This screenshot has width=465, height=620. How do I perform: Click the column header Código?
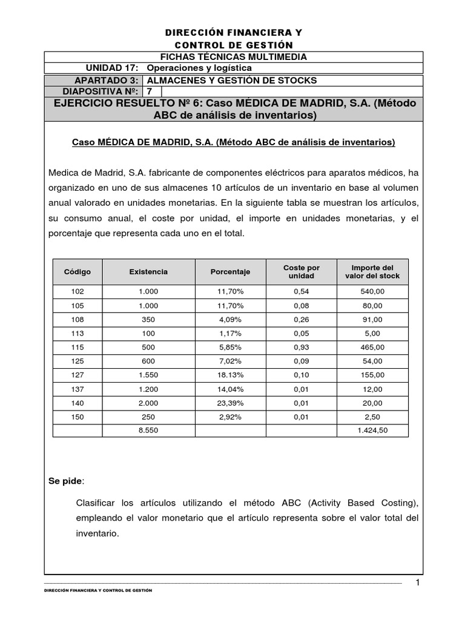(x=77, y=272)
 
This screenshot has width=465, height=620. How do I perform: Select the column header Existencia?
(x=148, y=272)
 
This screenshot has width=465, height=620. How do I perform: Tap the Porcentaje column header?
(x=230, y=272)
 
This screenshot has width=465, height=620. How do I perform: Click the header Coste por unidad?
(x=301, y=271)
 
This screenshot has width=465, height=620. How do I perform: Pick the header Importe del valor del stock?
(x=372, y=271)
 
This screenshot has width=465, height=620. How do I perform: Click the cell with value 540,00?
(x=372, y=291)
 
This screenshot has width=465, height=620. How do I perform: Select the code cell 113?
(x=77, y=333)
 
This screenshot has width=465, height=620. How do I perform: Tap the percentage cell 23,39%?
(x=230, y=403)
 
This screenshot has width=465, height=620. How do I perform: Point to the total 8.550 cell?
(x=148, y=431)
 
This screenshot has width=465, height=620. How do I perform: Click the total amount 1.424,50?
(x=372, y=431)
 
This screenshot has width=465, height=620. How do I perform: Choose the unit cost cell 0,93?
(x=301, y=347)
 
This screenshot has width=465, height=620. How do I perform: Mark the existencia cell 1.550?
(x=148, y=375)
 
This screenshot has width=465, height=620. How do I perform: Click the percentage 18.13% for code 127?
(x=230, y=375)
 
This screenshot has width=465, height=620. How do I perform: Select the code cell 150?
(x=77, y=417)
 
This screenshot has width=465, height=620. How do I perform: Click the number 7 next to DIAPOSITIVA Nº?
(x=150, y=91)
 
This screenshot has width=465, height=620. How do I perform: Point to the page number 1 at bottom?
(x=417, y=582)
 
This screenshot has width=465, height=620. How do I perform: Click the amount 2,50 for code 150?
(x=372, y=417)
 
